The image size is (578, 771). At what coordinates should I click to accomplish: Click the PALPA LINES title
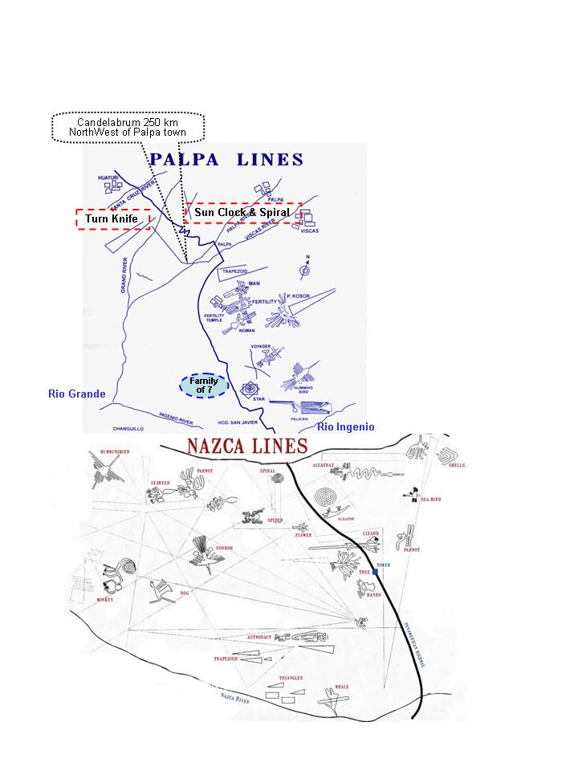[226, 159]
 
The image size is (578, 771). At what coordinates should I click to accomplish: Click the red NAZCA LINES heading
[246, 447]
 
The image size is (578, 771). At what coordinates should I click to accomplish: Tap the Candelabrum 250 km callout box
[128, 127]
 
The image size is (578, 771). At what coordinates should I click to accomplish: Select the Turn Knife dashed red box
[112, 218]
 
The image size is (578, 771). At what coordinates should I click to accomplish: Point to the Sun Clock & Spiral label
[242, 212]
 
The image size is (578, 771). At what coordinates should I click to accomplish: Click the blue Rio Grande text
[77, 394]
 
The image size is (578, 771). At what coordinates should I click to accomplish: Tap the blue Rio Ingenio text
[345, 426]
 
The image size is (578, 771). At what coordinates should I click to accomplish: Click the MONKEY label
[104, 600]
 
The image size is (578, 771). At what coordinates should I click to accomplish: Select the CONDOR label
[223, 549]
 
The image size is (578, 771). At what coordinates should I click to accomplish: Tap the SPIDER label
[275, 520]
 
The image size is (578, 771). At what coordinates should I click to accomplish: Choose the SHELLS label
[457, 465]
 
